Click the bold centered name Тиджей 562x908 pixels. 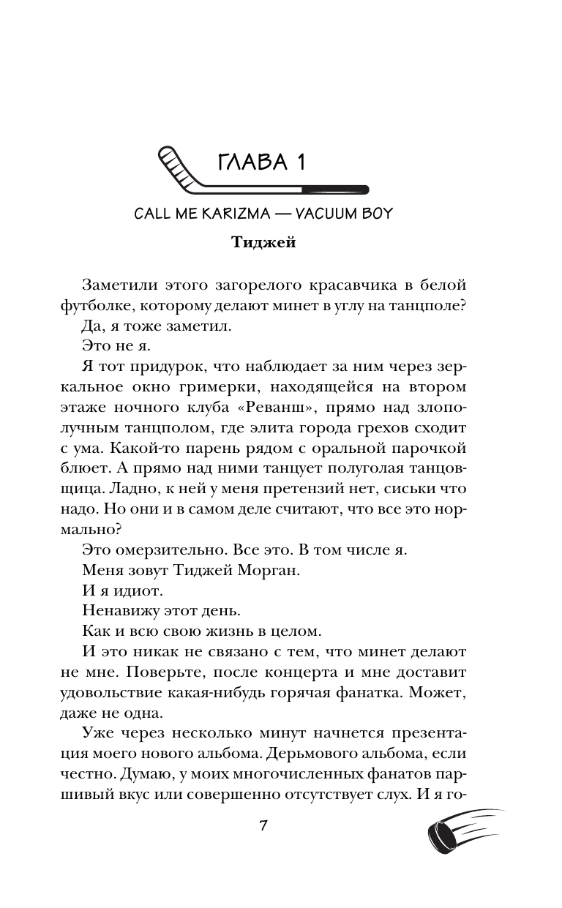point(263,243)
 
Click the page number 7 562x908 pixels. point(263,827)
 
